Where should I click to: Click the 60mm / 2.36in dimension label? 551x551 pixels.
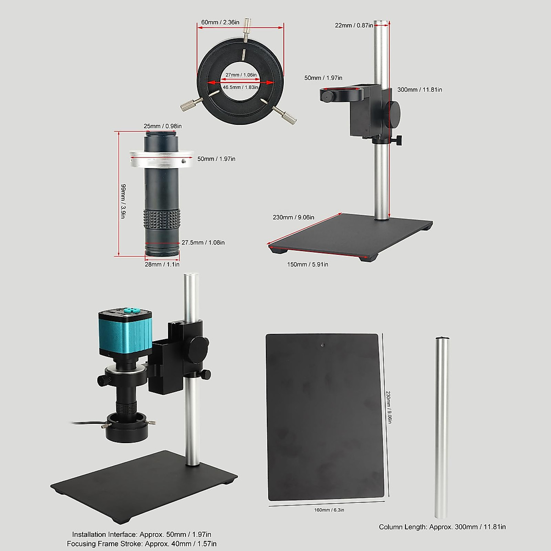click(x=219, y=22)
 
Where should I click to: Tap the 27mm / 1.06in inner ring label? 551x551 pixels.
click(x=241, y=75)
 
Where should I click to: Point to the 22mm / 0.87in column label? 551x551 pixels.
click(x=354, y=25)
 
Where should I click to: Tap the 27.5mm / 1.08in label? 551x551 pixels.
click(x=203, y=242)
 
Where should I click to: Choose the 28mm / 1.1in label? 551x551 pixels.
click(x=162, y=264)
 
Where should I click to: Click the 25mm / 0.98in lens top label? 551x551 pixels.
click(x=163, y=126)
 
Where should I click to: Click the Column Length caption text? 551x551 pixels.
click(x=442, y=527)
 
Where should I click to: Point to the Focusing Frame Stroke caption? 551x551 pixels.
click(x=141, y=543)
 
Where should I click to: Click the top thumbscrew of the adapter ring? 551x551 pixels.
click(x=248, y=27)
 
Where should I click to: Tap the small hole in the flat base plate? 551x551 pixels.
click(x=323, y=344)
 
